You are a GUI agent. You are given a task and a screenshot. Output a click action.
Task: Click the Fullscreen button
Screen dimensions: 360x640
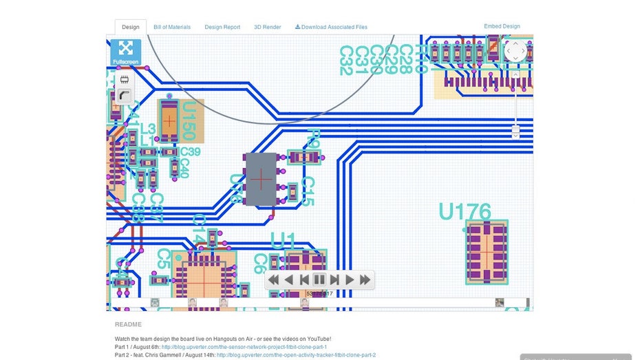click(125, 52)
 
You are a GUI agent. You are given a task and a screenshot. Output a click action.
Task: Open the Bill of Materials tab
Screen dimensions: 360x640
click(172, 28)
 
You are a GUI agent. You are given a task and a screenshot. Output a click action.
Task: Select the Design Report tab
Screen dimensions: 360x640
click(222, 28)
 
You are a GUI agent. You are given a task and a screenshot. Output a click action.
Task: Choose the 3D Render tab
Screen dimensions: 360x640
click(267, 28)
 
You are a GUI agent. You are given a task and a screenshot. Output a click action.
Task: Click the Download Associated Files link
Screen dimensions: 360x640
click(331, 28)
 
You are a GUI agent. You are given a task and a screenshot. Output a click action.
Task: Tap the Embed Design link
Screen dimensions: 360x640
click(502, 27)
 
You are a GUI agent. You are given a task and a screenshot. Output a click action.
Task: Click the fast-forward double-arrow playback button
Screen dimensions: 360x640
click(365, 279)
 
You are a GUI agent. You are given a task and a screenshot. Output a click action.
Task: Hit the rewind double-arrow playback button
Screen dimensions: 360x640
click(273, 279)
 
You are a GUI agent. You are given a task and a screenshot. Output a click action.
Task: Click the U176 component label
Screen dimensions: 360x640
click(465, 211)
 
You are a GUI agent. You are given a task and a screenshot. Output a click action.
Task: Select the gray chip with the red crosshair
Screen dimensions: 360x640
click(261, 179)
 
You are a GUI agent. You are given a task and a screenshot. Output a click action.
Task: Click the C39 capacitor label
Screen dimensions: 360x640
click(190, 152)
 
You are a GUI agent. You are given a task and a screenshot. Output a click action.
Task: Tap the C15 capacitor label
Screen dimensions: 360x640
click(308, 192)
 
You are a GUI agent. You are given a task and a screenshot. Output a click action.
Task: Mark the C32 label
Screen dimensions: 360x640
click(346, 61)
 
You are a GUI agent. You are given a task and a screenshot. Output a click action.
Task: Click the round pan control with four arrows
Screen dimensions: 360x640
click(515, 50)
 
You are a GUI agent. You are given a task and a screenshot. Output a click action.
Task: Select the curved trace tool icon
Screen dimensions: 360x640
click(125, 96)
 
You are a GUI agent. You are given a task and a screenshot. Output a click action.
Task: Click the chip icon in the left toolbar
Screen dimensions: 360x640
click(125, 80)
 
